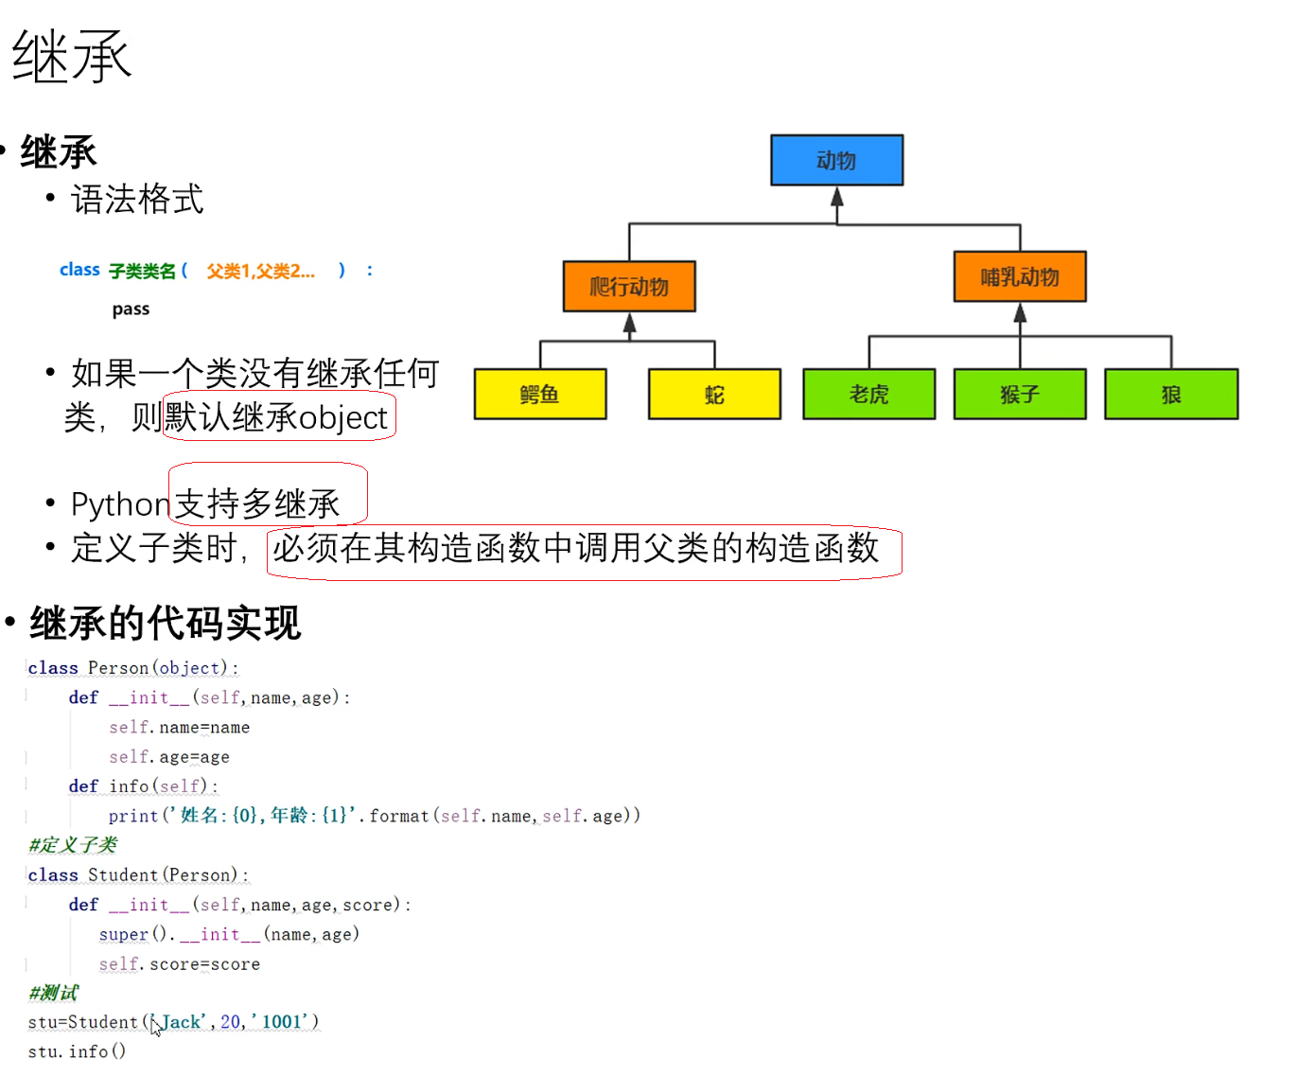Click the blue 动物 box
pyautogui.click(x=836, y=160)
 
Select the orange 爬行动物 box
pyautogui.click(x=629, y=286)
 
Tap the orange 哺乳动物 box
pyautogui.click(x=1019, y=276)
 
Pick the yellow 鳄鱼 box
pyautogui.click(x=539, y=394)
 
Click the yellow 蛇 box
pyautogui.click(x=714, y=394)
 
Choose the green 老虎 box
pyautogui.click(x=868, y=394)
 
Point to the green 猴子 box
pyautogui.click(x=1020, y=394)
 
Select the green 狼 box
pyautogui.click(x=1171, y=394)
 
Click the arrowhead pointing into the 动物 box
pyautogui.click(x=836, y=197)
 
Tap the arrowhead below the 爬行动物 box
pyautogui.click(x=629, y=324)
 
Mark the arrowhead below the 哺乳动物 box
pyautogui.click(x=1020, y=313)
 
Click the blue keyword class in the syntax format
pyautogui.click(x=79, y=270)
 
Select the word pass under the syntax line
pyautogui.click(x=131, y=309)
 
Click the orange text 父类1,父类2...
pyautogui.click(x=260, y=272)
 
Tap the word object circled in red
pyautogui.click(x=342, y=417)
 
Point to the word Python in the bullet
pyautogui.click(x=120, y=504)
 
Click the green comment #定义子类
pyautogui.click(x=73, y=844)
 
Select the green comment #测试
pyautogui.click(x=54, y=992)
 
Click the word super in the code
pyautogui.click(x=124, y=934)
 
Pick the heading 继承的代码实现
pyautogui.click(x=165, y=623)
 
